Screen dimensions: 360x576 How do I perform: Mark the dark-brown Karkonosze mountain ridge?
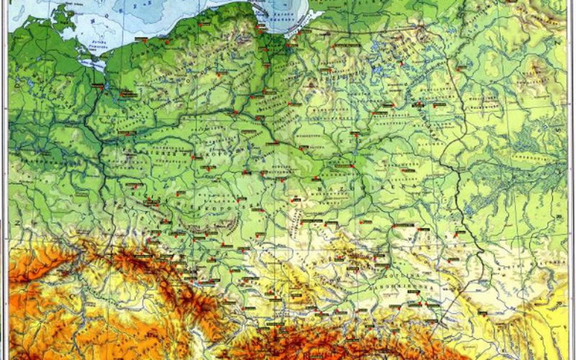134,257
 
